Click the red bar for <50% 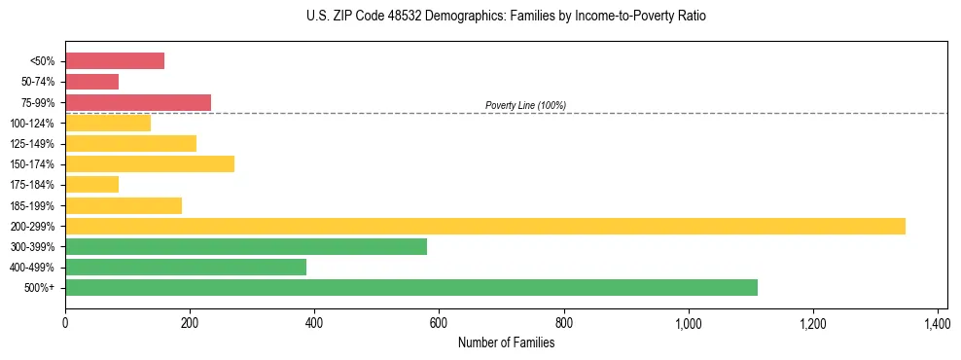pos(115,61)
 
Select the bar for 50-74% pos(91,82)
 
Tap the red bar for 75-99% pos(138,102)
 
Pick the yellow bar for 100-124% pos(108,123)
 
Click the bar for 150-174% pos(150,163)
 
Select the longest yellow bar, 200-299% pos(485,226)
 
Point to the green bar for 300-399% pos(246,246)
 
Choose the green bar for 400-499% pos(186,267)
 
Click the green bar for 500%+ pos(411,287)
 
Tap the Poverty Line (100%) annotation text pos(525,105)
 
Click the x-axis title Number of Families pos(506,342)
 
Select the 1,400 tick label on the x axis pos(937,322)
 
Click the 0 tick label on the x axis pos(65,322)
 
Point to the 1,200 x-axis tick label pos(812,322)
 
